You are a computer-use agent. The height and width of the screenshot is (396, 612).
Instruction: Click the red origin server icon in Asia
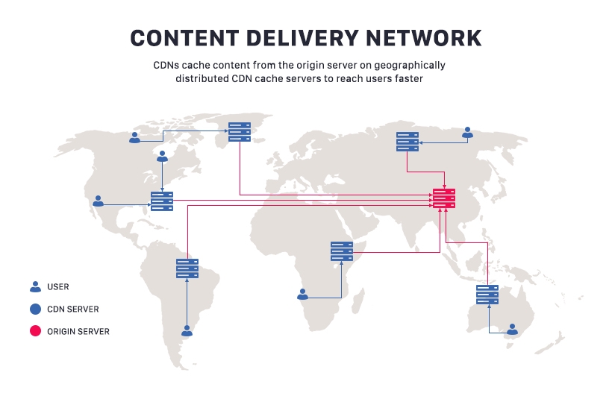[444, 199]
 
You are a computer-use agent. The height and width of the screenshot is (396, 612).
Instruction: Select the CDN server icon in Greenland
[240, 132]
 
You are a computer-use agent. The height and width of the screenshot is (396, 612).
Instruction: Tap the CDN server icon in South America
[187, 268]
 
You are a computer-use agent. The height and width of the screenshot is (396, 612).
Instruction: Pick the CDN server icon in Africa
[341, 251]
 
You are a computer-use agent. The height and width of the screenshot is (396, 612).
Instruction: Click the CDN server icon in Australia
[487, 295]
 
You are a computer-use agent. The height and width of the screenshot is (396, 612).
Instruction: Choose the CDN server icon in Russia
[408, 142]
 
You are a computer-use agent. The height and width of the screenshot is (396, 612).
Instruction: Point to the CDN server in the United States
[162, 201]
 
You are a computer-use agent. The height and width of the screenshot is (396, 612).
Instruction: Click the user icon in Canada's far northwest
[134, 138]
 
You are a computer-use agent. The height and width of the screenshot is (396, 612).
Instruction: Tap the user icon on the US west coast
[98, 201]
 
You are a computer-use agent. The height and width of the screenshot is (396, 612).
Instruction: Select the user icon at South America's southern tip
[187, 330]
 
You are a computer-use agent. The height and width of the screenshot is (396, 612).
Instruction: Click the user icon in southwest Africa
[302, 294]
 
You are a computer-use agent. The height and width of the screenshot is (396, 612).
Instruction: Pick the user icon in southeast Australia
[513, 329]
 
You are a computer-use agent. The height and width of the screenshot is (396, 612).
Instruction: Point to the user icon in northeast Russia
[468, 133]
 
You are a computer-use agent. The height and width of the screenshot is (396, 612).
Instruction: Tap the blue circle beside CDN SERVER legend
[35, 309]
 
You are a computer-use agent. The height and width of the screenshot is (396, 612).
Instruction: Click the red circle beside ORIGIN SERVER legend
[35, 331]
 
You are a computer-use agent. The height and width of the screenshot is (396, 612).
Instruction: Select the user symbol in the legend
[35, 286]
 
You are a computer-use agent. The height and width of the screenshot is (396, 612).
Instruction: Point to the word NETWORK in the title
[428, 38]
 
